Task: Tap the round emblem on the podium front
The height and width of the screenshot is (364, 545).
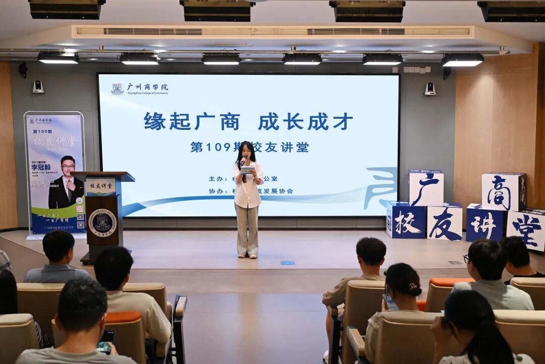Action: click(x=102, y=222)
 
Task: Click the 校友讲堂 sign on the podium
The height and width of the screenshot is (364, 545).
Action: click(x=101, y=187)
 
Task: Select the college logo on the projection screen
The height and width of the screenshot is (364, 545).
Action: click(x=117, y=89)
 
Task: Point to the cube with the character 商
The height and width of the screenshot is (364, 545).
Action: click(x=503, y=192)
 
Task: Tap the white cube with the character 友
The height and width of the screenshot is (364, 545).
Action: click(x=445, y=222)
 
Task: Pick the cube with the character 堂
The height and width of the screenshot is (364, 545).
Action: click(x=526, y=229)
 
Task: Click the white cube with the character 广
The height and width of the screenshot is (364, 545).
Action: click(x=426, y=188)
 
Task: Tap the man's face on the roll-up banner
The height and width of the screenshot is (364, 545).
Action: click(x=68, y=167)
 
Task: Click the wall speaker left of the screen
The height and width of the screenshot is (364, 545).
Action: click(x=38, y=87)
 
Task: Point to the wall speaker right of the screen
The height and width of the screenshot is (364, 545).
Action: click(x=429, y=89)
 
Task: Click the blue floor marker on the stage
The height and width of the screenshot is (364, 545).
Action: click(x=287, y=262)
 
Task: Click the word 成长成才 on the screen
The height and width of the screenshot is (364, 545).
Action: click(x=305, y=122)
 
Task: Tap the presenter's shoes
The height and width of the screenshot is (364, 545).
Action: click(x=247, y=255)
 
